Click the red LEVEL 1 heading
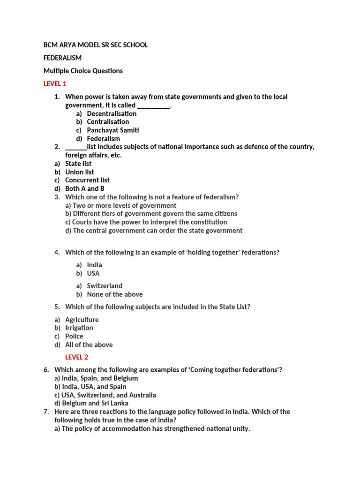point(55,84)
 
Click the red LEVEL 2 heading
point(76,357)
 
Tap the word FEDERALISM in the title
point(62,58)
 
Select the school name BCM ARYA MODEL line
point(96,45)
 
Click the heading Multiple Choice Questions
point(83,71)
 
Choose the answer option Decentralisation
point(112,113)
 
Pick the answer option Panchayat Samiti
point(112,130)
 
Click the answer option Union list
point(80,172)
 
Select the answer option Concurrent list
point(87,180)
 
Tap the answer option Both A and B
point(84,188)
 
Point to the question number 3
point(57,197)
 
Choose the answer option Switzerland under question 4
point(105,286)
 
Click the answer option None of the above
point(115,294)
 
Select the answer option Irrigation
point(79,328)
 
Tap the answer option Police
point(74,337)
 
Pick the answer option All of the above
point(89,345)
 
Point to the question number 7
point(46,412)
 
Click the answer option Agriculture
point(82,320)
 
